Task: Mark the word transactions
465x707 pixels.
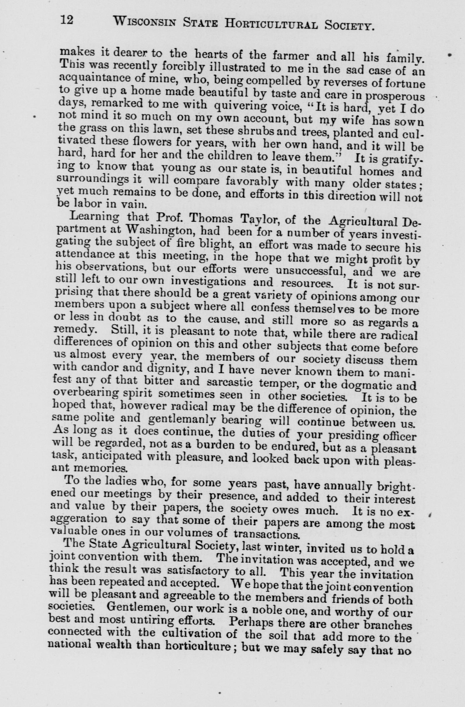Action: [266, 532]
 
